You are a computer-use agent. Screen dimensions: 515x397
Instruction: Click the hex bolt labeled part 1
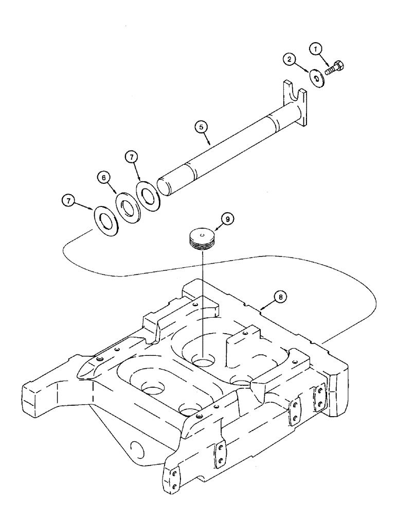pos(337,67)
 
